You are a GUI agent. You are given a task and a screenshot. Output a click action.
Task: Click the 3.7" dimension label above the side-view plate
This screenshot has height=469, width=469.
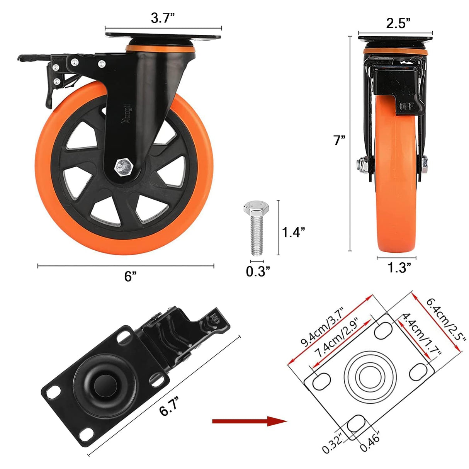(x=163, y=18)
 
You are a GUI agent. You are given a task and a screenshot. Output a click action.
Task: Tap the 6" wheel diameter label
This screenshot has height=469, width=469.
(x=131, y=276)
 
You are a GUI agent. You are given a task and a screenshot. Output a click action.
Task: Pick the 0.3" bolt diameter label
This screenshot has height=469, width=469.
(x=258, y=272)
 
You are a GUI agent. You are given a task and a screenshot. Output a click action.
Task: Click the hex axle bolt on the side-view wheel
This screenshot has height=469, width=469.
(x=123, y=167)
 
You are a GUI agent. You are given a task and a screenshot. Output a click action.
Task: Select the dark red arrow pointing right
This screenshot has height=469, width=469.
(x=249, y=421)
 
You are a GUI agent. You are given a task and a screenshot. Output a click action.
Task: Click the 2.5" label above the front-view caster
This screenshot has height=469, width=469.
(x=398, y=24)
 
